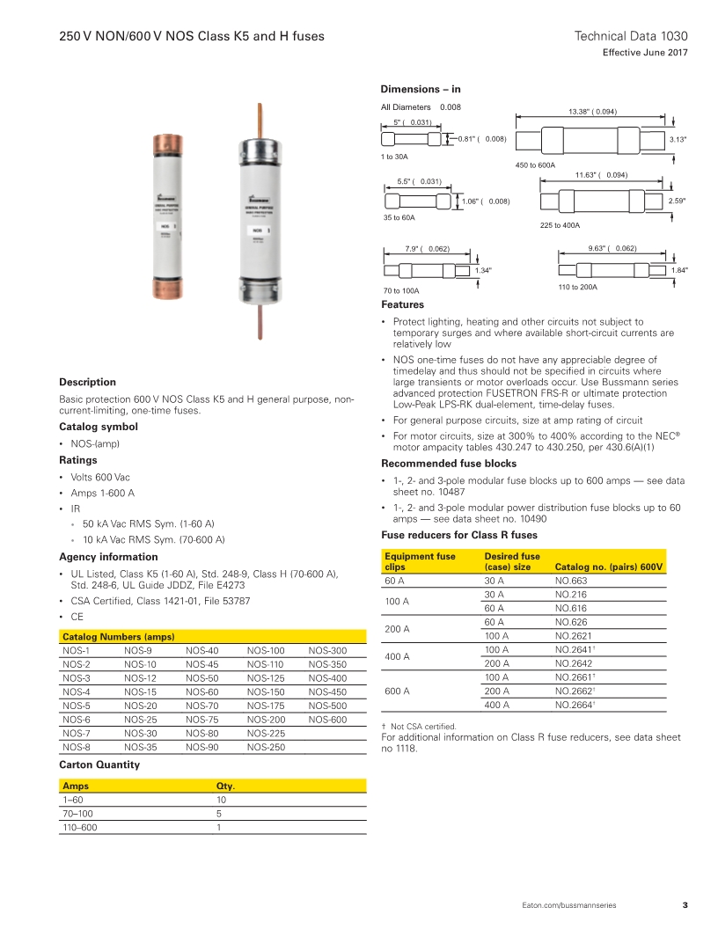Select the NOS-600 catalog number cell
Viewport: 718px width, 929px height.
[x=327, y=721]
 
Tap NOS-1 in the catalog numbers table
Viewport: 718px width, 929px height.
[x=77, y=651]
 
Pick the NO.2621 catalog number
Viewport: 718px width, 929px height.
[x=574, y=636]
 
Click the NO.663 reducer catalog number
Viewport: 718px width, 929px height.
[x=571, y=581]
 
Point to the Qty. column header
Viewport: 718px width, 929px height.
[x=225, y=786]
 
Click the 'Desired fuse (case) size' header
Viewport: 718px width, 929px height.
[x=513, y=561]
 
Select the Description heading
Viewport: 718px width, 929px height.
[x=87, y=382]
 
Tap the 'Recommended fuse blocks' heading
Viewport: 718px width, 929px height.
[x=449, y=464]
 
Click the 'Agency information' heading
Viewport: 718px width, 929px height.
[x=108, y=557]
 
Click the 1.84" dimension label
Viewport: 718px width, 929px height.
[x=678, y=271]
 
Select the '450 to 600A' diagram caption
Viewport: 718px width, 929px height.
[x=535, y=165]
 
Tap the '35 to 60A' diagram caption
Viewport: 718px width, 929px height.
[x=399, y=216]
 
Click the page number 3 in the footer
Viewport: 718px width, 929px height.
[x=685, y=905]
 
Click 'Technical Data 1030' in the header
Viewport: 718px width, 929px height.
[x=630, y=36]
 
